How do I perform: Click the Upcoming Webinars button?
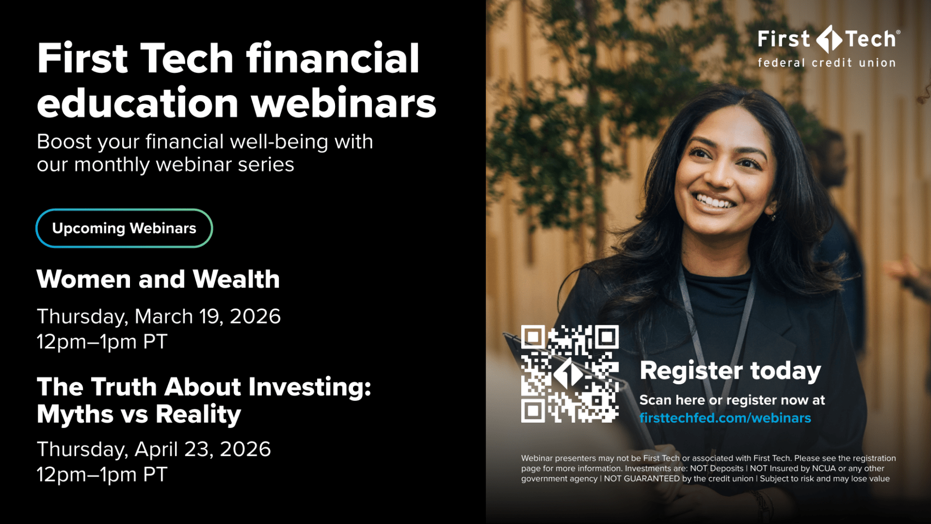(124, 228)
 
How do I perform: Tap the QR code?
(570, 374)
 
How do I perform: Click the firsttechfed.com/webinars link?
(725, 418)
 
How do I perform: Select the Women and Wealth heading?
(158, 279)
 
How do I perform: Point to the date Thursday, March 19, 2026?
(159, 317)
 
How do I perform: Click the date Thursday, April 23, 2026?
(153, 449)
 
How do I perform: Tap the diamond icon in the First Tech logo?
(829, 39)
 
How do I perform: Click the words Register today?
(730, 371)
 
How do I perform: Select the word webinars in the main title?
(343, 103)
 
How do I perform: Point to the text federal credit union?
(827, 63)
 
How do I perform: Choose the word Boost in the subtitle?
(64, 142)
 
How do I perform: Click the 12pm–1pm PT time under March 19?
(102, 342)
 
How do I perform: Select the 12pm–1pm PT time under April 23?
(102, 475)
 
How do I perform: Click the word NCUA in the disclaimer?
(824, 469)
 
